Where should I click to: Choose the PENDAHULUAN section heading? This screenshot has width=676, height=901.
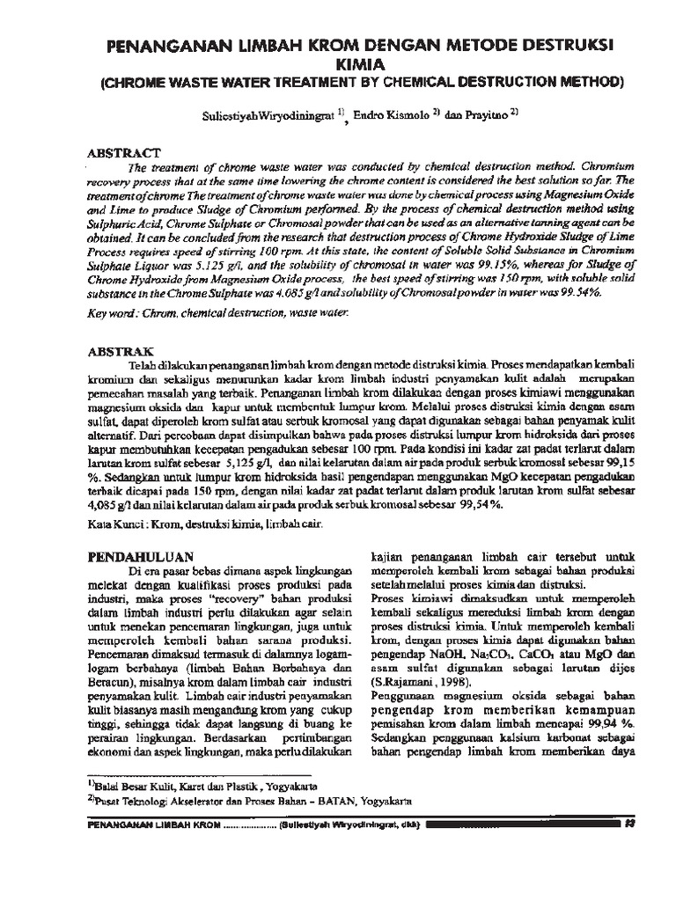click(x=139, y=557)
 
